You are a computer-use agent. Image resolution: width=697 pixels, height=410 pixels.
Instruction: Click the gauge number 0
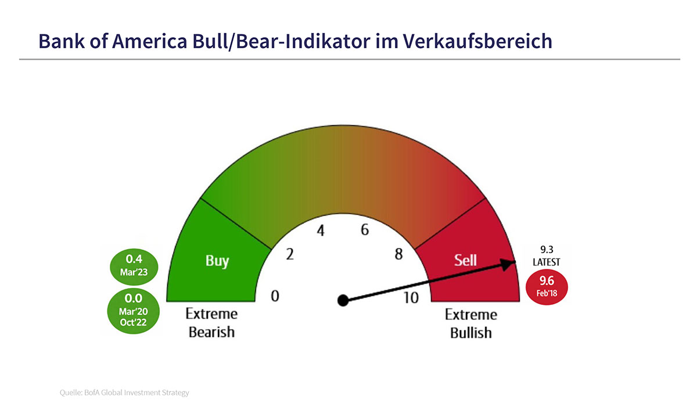click(x=275, y=296)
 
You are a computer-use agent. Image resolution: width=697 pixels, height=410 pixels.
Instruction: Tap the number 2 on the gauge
click(x=290, y=254)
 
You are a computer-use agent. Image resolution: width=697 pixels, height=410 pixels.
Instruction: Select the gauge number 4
click(x=321, y=231)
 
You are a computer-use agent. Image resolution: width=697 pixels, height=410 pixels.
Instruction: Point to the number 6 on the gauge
click(x=365, y=230)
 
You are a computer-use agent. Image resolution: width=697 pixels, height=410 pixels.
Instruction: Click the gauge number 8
click(x=398, y=254)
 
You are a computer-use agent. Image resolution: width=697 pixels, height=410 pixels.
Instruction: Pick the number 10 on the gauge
click(x=411, y=298)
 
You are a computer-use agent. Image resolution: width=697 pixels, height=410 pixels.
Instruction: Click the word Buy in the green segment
click(x=217, y=261)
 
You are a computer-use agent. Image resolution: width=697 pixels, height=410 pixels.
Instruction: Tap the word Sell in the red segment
click(x=465, y=260)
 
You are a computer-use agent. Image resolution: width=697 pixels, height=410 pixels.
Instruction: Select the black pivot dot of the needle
click(x=343, y=300)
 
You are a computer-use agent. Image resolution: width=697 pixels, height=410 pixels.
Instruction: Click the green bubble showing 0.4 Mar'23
click(x=134, y=267)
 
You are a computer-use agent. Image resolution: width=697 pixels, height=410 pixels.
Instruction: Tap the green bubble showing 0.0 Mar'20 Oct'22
click(x=133, y=311)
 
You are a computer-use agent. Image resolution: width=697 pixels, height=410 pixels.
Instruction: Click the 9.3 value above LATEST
click(x=547, y=250)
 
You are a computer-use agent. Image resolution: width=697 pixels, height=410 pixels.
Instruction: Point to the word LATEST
click(x=547, y=262)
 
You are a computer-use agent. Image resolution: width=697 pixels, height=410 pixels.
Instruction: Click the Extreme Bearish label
click(x=211, y=323)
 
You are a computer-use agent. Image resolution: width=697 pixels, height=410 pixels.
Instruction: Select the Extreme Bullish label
click(x=471, y=323)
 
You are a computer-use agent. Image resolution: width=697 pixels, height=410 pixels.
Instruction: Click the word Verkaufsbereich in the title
click(x=477, y=41)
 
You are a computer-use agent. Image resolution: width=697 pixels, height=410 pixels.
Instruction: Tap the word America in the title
click(x=149, y=41)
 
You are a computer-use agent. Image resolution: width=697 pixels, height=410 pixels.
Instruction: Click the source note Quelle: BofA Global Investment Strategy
click(x=124, y=393)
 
